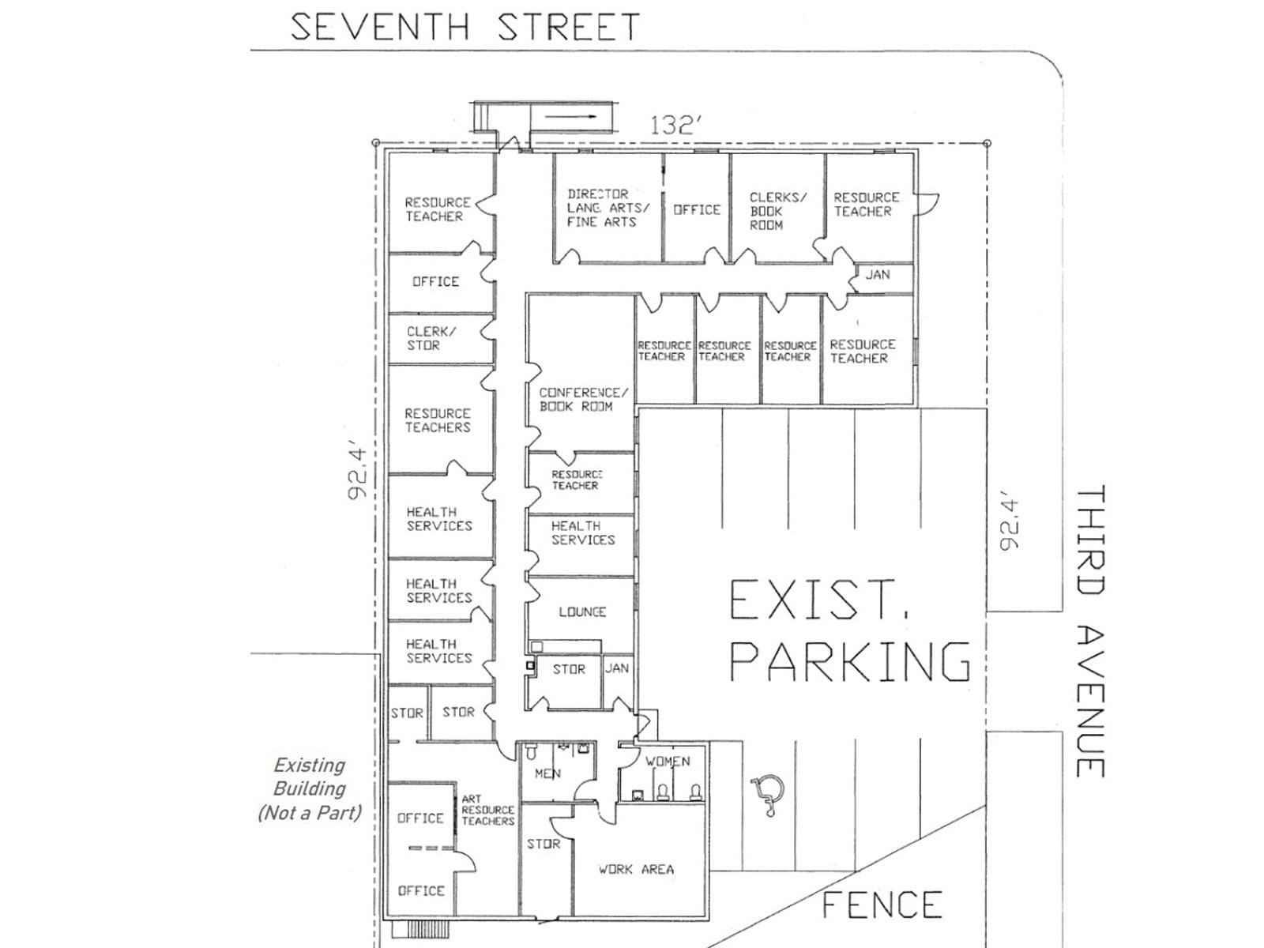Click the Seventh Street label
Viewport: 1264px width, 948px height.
coord(465,28)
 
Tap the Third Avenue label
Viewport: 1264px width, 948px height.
coord(1091,632)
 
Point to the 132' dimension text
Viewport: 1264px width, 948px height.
coord(676,126)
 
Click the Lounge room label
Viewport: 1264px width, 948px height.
coord(582,612)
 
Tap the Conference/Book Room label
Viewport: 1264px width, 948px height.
coord(583,400)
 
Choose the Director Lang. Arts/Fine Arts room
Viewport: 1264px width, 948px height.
coord(608,208)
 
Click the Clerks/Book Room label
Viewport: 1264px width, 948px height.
coord(778,211)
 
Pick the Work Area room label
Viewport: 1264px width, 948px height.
coord(636,870)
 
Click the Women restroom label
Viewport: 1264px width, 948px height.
coord(668,762)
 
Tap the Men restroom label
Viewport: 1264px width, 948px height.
coord(547,774)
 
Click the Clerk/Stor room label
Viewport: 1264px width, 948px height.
coord(431,338)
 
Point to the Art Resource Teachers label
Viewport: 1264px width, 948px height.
coord(487,811)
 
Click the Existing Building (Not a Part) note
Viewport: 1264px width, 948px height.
coord(310,788)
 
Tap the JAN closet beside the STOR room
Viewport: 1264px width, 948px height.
coord(617,668)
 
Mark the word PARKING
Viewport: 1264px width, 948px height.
coord(850,662)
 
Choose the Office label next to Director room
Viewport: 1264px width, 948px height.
coord(697,210)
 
